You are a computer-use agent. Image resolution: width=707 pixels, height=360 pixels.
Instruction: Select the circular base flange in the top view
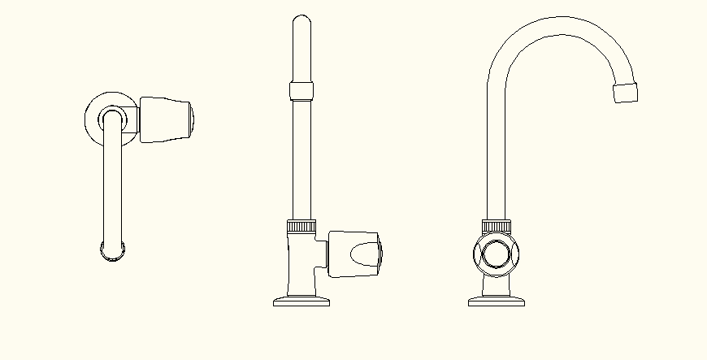coord(93,119)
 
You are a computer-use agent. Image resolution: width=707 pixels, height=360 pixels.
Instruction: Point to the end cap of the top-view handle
coord(191,119)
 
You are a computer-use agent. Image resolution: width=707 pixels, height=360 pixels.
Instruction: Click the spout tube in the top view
coord(112,187)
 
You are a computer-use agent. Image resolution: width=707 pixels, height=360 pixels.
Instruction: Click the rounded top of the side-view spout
coord(301,23)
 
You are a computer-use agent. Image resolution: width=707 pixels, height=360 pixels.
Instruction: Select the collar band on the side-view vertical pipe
coord(301,89)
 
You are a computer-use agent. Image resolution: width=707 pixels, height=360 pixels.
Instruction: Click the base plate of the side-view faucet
coord(301,302)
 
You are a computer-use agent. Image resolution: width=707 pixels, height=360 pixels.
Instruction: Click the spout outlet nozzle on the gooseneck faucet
coord(625,92)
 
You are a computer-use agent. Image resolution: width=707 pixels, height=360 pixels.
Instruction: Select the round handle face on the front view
coord(496,254)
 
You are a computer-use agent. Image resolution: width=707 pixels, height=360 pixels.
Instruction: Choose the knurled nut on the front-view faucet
coord(496,225)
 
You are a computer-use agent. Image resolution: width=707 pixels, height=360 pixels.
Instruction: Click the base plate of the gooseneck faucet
coord(496,302)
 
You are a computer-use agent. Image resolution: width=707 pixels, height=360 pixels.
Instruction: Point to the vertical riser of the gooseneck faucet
coord(497,154)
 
